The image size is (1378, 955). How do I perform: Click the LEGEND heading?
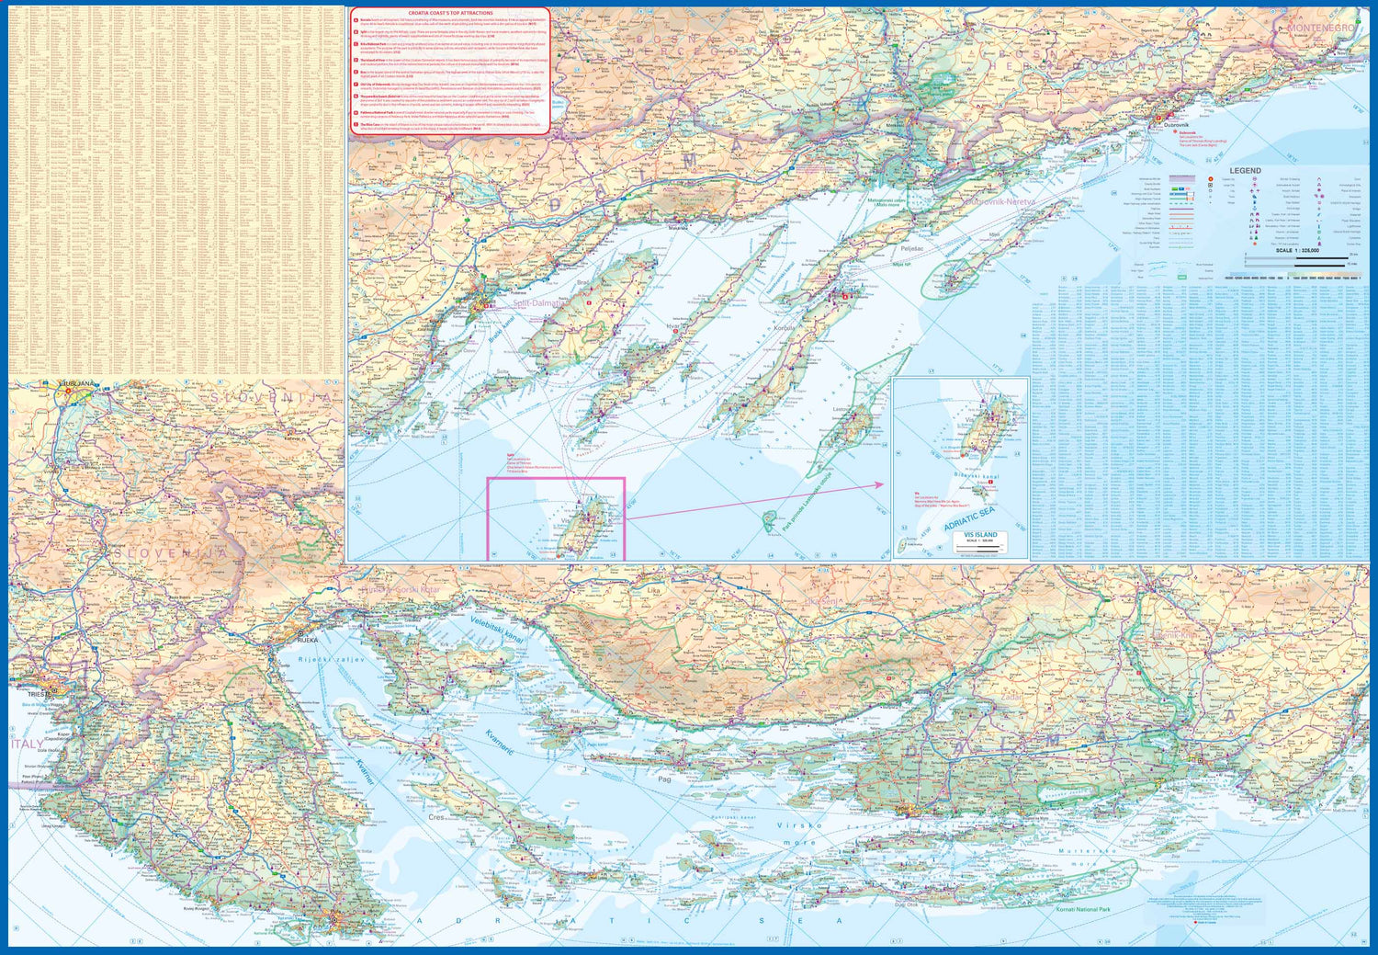pos(1245,171)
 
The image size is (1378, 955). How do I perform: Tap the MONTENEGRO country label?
pos(1320,28)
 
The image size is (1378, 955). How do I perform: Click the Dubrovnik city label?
pos(1176,124)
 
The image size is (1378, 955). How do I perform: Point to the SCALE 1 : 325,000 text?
pos(1296,250)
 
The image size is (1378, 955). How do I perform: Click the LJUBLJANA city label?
pos(76,383)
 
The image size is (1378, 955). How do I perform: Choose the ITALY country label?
pos(26,744)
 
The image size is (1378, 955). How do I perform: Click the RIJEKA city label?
pos(307,640)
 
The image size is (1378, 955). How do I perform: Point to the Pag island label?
pos(664,779)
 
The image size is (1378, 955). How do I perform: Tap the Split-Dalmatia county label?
pos(540,302)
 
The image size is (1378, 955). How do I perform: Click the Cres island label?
pos(436,816)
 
